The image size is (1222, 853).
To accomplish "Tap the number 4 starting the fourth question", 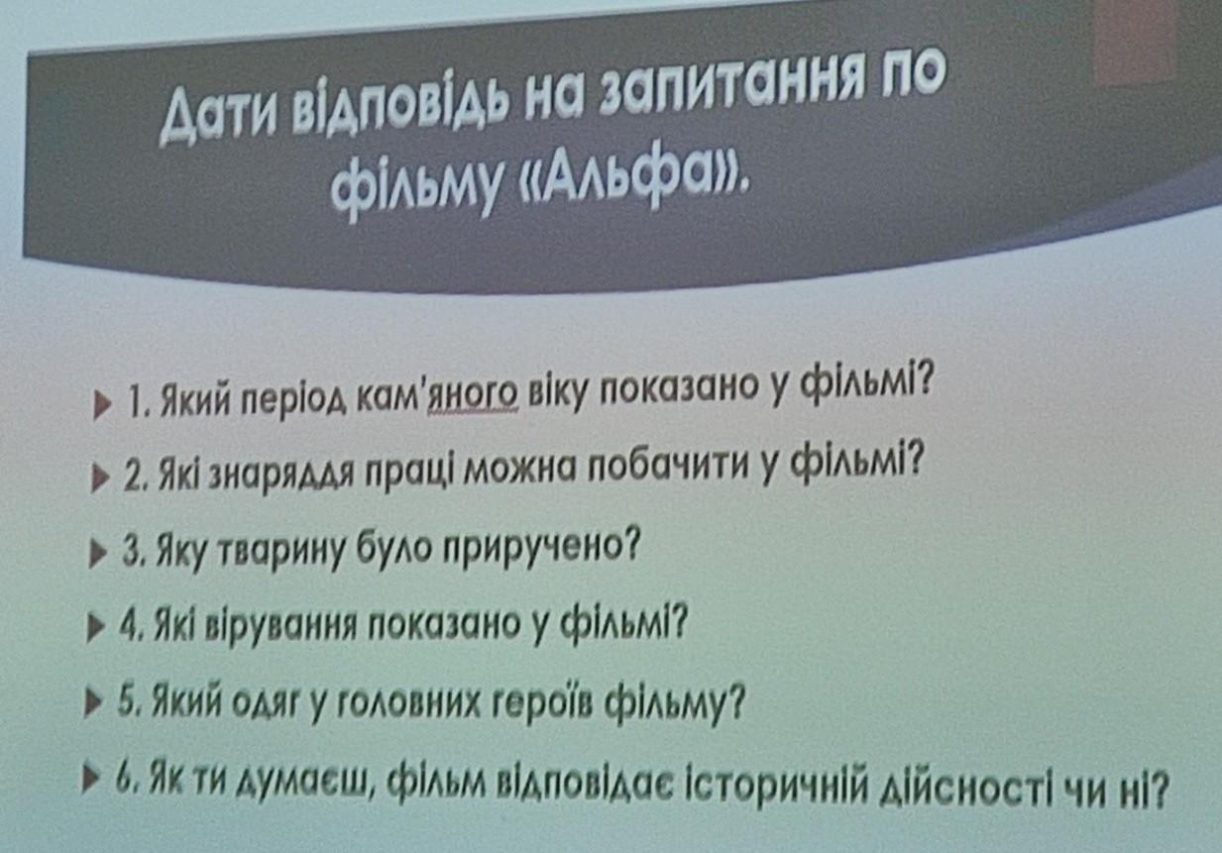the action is (x=128, y=627).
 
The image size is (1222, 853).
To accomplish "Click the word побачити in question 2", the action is (x=669, y=467).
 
